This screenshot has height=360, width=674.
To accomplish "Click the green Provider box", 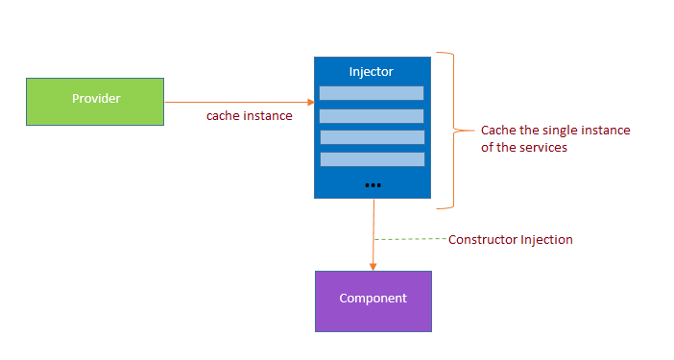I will click(x=94, y=101).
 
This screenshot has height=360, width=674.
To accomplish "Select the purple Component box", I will click(x=373, y=300).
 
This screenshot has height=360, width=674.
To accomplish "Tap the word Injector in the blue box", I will click(x=372, y=72).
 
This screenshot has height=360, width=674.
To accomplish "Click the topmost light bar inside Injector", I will click(x=372, y=93).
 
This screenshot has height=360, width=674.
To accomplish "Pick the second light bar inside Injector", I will click(x=372, y=115).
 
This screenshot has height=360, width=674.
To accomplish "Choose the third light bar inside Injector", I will click(x=372, y=137).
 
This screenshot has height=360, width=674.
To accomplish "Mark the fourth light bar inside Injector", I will click(x=372, y=159).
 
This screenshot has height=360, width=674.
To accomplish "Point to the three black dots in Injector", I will click(x=373, y=183).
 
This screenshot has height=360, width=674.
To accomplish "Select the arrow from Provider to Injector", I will click(x=240, y=101).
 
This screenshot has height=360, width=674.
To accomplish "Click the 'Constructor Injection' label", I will click(x=510, y=239).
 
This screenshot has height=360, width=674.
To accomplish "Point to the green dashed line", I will click(x=411, y=238).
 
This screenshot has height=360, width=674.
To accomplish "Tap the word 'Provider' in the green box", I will click(x=96, y=99).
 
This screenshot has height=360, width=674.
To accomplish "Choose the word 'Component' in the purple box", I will click(x=373, y=299).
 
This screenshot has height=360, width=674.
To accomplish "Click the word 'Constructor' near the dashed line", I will click(x=483, y=239).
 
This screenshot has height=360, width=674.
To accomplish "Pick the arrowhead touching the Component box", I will click(x=373, y=266).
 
